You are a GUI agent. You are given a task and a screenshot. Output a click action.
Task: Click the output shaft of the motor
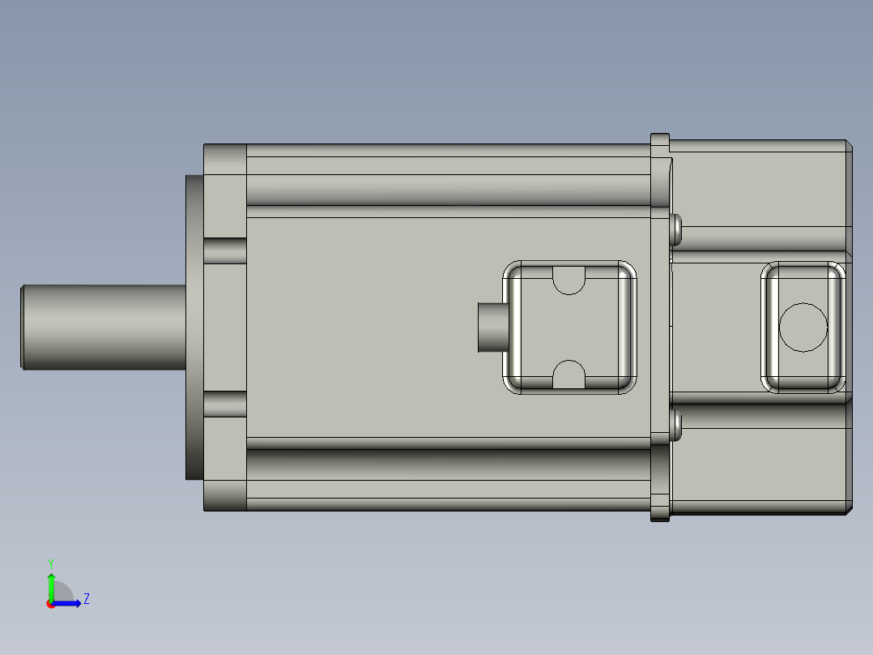coord(101,327)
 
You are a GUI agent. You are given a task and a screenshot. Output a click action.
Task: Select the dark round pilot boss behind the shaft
coord(194,327)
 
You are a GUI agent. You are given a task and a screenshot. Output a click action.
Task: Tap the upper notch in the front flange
coord(225,250)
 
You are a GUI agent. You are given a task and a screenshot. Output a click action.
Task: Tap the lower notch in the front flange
coord(225,405)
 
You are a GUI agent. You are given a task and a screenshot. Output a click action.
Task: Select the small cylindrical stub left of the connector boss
coord(491,327)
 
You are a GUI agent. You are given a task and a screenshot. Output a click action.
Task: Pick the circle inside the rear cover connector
coord(803,327)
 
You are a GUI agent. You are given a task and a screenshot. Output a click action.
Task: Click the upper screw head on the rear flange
coord(676,230)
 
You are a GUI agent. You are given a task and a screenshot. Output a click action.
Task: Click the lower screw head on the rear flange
coord(676,426)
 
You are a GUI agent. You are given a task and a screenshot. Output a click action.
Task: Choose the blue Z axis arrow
coord(70,603)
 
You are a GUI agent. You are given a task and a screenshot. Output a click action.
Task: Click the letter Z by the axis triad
coord(87,599)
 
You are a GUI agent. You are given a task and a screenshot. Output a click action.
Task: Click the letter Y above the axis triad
coord(50,563)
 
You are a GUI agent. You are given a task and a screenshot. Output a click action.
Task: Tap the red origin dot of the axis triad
coord(50,604)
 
